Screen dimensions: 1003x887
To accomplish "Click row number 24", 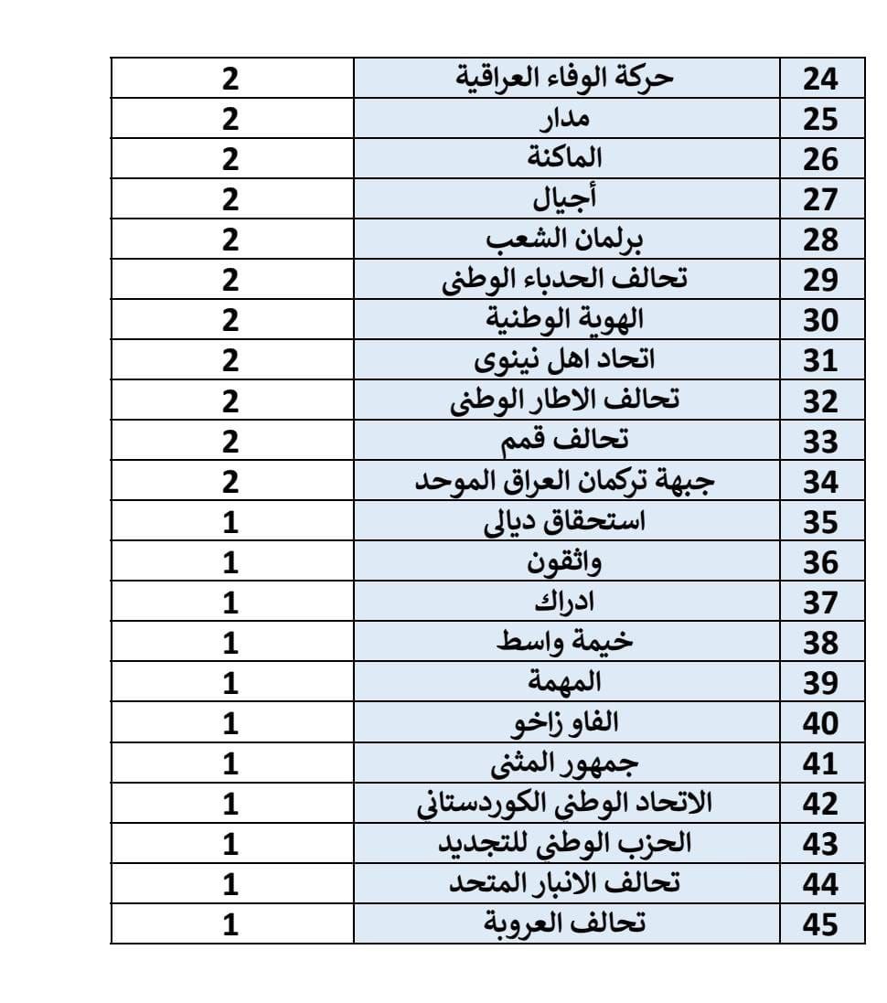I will point(820,80).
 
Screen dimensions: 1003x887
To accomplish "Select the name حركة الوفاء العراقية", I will point(565,78).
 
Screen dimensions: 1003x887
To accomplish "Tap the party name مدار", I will point(566,119).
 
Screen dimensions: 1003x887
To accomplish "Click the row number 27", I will point(820,200).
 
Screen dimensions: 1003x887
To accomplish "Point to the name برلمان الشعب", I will point(566,240).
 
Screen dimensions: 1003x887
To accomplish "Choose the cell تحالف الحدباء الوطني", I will point(565,280).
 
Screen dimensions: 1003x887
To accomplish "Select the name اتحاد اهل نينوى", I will point(566,360).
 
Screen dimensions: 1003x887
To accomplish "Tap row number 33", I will point(820,442).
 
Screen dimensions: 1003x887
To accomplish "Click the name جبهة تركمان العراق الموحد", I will point(565,481).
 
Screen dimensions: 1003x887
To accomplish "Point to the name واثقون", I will point(566,561).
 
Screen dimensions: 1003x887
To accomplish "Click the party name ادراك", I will point(566,603).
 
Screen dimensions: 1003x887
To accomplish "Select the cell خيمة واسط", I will point(565,643).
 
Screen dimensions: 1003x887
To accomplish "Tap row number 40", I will point(820,723).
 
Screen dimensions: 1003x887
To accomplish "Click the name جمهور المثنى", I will point(565,763).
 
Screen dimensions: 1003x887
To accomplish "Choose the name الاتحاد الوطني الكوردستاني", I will point(565,804).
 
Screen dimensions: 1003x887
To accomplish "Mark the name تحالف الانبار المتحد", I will point(565,884).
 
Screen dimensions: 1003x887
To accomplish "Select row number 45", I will point(820,924).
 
